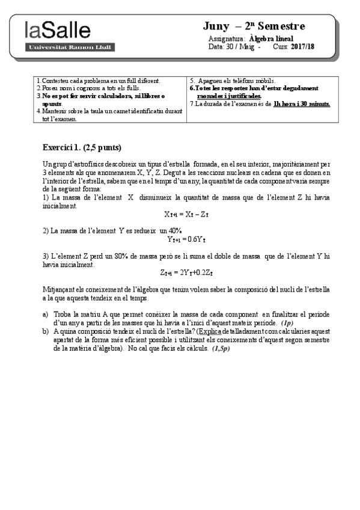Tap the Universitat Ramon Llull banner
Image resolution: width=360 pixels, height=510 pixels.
click(x=57, y=46)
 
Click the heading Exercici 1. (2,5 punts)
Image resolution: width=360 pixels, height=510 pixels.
click(x=82, y=147)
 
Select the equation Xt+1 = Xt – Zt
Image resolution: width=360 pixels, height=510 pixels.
click(x=187, y=214)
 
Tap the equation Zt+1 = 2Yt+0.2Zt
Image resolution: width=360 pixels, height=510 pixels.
click(x=187, y=272)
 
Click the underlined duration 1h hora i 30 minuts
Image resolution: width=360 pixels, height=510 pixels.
click(x=301, y=103)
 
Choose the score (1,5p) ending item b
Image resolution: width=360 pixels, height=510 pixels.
click(x=217, y=348)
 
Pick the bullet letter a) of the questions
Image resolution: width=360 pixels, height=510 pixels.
click(x=46, y=315)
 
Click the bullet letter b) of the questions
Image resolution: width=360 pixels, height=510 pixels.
click(x=46, y=331)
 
